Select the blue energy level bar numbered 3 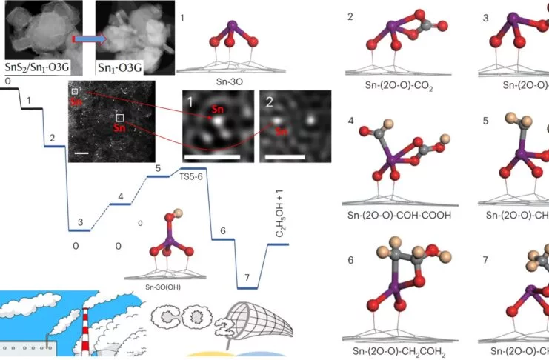79,230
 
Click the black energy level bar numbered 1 29,108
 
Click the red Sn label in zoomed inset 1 217,110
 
